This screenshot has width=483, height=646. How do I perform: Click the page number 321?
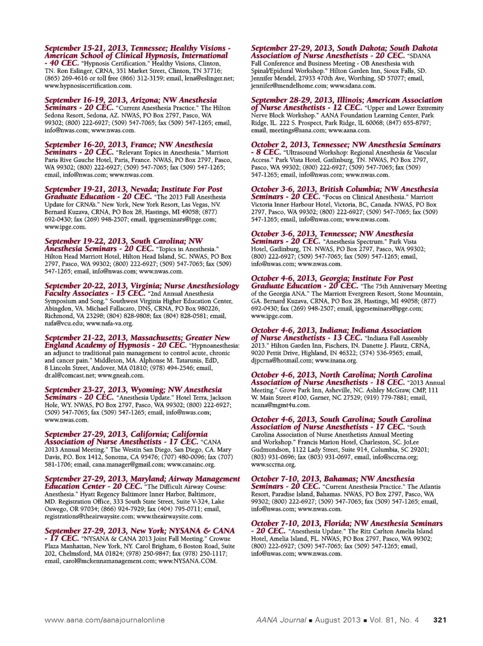click(439, 620)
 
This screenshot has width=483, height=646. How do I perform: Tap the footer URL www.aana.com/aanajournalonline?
click(105, 620)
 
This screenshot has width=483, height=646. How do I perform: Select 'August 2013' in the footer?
click(338, 620)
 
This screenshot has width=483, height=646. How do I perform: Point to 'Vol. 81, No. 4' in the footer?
click(394, 620)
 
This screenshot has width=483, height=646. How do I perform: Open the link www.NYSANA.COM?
click(188, 561)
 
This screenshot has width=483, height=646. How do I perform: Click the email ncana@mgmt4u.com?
click(280, 405)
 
